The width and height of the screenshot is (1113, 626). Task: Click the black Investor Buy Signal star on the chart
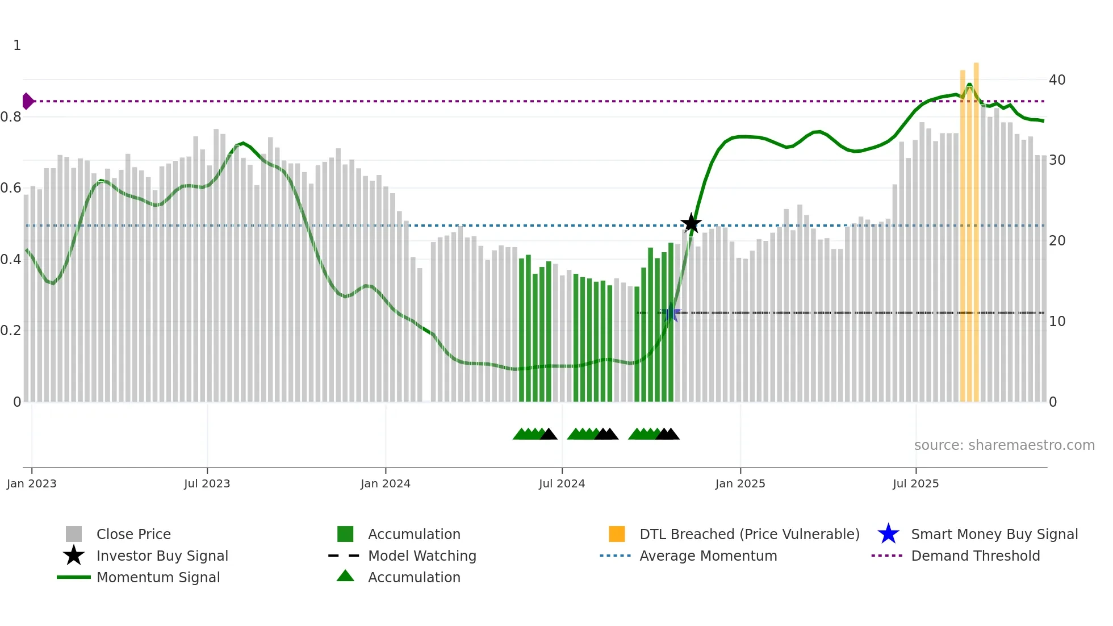click(x=691, y=223)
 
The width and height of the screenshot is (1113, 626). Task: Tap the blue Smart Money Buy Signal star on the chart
click(x=671, y=312)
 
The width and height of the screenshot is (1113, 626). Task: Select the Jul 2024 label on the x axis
click(x=562, y=483)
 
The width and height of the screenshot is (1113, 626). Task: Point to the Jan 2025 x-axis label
click(x=740, y=483)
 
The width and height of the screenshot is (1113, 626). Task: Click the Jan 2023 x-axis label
click(x=32, y=483)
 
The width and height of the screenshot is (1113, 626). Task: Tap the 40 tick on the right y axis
click(x=1057, y=80)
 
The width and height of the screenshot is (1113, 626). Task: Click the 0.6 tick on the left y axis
click(x=11, y=188)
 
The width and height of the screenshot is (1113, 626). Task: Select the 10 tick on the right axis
click(x=1057, y=322)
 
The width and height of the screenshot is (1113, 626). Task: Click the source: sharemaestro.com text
click(x=1004, y=445)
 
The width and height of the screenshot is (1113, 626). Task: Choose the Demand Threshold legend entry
click(x=975, y=556)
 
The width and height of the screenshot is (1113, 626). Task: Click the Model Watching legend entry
click(x=421, y=556)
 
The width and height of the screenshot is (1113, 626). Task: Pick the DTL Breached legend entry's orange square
click(x=617, y=534)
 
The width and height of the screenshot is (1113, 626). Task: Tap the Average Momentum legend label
click(x=708, y=556)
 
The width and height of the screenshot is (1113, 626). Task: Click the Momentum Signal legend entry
click(x=158, y=577)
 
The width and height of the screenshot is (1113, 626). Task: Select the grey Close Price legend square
click(x=74, y=534)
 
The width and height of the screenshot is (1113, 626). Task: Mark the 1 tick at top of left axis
click(x=17, y=45)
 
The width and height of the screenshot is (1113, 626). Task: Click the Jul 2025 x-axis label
click(x=915, y=483)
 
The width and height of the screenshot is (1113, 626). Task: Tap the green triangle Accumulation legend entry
click(x=345, y=577)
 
